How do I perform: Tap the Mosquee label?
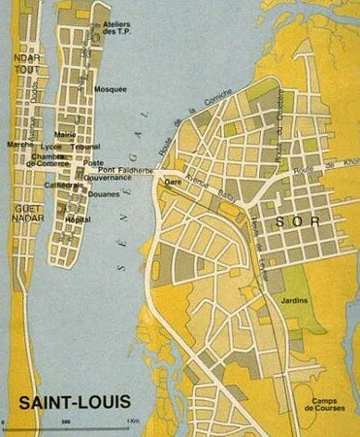111,89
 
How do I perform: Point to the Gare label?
175,182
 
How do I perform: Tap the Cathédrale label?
63,185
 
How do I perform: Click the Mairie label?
66,135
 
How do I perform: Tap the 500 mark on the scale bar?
66,421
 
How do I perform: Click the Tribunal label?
87,146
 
